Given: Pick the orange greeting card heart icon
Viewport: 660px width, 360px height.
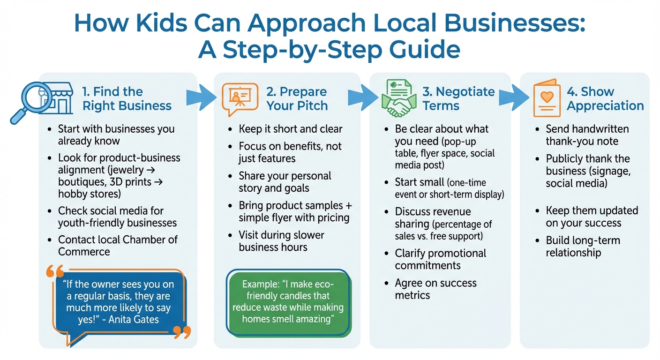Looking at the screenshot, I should [547, 98].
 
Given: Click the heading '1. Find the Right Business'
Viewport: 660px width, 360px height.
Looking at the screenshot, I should [127, 99].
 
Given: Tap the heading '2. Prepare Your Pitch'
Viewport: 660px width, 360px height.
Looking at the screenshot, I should [297, 99].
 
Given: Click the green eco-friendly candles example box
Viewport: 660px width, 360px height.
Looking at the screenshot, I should [288, 301].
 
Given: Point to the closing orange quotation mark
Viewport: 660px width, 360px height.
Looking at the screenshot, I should [182, 332].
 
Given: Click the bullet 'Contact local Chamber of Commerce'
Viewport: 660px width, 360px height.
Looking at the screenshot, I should [117, 246].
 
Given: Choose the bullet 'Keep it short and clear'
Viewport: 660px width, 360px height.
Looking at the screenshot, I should [291, 129].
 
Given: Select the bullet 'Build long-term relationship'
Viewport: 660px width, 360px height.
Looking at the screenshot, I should [583, 247].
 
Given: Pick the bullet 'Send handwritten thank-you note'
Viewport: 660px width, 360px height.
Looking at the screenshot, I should [587, 135].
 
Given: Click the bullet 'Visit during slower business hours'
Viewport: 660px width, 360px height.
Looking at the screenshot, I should [281, 241].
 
